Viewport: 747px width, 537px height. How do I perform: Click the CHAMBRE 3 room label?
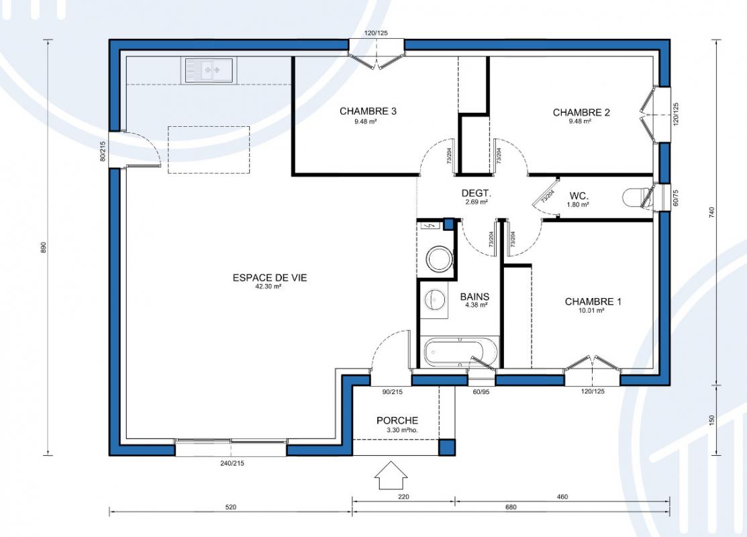[368, 111]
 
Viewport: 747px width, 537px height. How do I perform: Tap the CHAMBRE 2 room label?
[581, 113]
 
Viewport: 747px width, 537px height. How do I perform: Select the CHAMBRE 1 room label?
[593, 301]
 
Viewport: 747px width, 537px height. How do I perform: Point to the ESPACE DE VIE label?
[270, 277]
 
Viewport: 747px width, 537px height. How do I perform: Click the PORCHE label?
[397, 420]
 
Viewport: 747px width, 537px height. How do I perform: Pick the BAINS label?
[475, 297]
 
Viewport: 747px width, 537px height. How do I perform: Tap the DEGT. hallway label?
[476, 193]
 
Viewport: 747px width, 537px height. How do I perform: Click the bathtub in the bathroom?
[460, 352]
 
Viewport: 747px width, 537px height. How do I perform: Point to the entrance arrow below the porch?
[391, 475]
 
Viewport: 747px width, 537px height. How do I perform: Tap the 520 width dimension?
[231, 507]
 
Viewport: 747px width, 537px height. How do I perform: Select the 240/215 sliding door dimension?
[232, 463]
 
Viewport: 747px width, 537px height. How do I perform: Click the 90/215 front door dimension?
[393, 392]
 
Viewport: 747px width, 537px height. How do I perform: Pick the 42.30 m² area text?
[268, 287]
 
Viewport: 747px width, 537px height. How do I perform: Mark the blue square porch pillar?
[447, 447]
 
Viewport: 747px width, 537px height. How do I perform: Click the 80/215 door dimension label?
[103, 152]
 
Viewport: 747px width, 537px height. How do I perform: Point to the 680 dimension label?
[511, 507]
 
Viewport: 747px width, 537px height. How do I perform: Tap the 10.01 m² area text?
[591, 311]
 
